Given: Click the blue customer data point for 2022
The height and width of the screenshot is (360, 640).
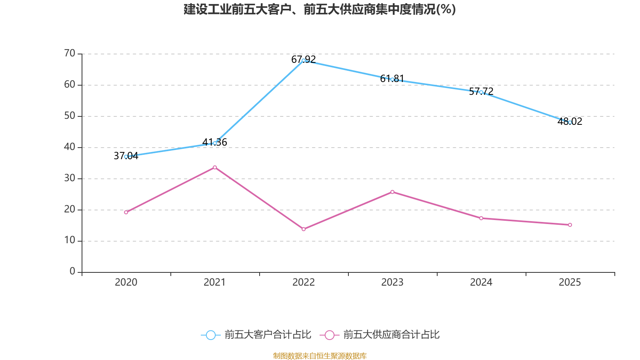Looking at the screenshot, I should coord(304,60).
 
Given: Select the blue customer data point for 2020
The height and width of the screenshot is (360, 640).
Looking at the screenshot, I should coord(126,156).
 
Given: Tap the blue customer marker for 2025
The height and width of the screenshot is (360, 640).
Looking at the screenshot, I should coord(570,122).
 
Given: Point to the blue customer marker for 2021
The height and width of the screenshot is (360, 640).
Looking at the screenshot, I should coord(215,143).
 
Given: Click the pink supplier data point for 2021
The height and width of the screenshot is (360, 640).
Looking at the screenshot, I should coord(215,167).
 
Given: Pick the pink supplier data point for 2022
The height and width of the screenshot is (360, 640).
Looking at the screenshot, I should coord(304,229).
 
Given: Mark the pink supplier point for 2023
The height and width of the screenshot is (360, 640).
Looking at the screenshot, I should coord(392,192).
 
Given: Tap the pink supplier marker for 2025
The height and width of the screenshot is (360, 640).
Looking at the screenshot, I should coord(570,225).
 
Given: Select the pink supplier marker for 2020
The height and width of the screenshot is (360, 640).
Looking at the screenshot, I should coord(126,212).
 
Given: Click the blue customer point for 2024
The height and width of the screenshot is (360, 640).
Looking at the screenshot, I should coord(481,92).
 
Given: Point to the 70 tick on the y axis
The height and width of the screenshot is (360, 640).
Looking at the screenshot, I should coord(70,53).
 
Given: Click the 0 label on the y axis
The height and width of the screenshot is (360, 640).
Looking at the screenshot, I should coord(72,272).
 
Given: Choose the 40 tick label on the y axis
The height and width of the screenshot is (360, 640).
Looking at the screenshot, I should coord(70,147).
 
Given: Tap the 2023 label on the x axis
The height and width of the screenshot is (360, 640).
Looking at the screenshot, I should coord(392,282).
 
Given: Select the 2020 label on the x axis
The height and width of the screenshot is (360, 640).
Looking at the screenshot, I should coord(126,282).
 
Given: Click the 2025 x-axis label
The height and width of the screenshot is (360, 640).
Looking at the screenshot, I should coord(570,282).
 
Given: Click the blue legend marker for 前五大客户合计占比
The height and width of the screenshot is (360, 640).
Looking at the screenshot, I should coord(210,335).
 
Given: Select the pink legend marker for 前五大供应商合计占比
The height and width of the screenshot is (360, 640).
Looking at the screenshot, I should coord(330,335).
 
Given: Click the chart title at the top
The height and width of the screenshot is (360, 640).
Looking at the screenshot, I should coord(320,9).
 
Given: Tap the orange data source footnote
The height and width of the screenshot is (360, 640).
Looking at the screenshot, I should coord(320,356).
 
